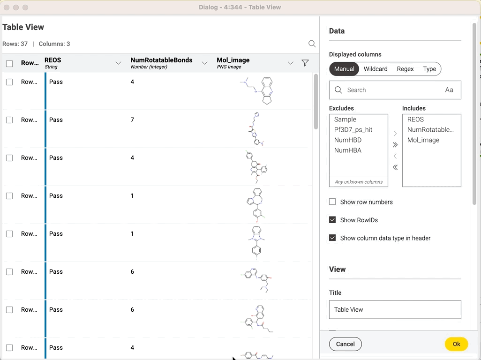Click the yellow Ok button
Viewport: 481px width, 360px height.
[x=456, y=344]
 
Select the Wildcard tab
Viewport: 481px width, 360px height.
[x=376, y=69]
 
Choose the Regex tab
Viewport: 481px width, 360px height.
[x=405, y=69]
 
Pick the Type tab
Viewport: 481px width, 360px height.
[x=429, y=69]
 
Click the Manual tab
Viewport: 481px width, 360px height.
[x=344, y=69]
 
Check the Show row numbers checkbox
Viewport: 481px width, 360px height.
[x=332, y=202]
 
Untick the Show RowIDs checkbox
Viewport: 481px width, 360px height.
[x=332, y=220]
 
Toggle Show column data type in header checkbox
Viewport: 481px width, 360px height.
[x=332, y=238]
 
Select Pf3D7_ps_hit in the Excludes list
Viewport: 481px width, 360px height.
[x=353, y=130]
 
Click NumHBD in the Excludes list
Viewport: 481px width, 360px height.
[x=347, y=140]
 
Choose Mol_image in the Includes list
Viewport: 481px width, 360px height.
[x=423, y=140]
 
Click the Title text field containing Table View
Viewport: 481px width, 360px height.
[x=395, y=309]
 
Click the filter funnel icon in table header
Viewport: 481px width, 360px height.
[x=305, y=63]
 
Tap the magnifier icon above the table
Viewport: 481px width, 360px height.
[x=312, y=44]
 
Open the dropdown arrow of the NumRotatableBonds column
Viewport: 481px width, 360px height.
[x=204, y=63]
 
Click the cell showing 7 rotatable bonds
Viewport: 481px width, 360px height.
[x=132, y=120]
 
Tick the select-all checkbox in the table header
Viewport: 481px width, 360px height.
[x=9, y=64]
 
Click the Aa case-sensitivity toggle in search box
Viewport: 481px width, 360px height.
[x=449, y=90]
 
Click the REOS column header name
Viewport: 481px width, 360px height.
[x=53, y=60]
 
